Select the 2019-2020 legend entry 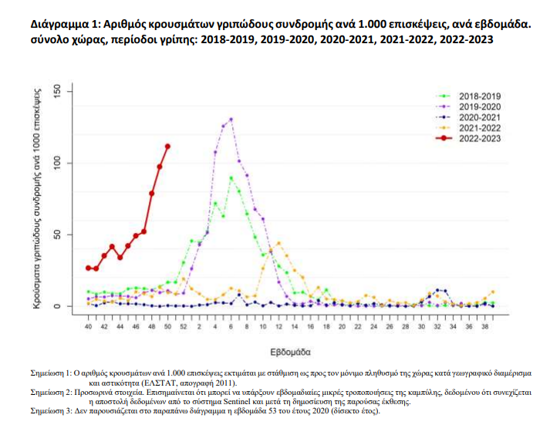pos(479,106)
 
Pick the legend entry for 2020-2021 pos(479,116)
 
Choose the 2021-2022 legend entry pos(479,127)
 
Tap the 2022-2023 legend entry pos(479,138)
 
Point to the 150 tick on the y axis pos(67,93)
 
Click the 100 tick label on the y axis pos(67,164)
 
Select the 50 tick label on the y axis pos(67,235)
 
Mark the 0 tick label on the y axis pos(67,306)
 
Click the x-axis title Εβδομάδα pos(291,351)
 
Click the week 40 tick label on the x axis pos(89,328)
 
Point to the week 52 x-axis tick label pos(184,328)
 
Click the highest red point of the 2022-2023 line pos(167,146)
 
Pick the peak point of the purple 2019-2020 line pos(231,120)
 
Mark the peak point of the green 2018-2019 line pos(231,178)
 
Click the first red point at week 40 pos(89,268)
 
